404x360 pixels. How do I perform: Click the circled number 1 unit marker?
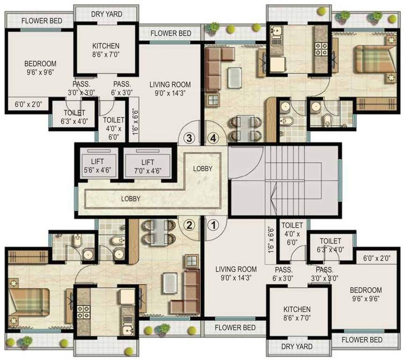point(213,225)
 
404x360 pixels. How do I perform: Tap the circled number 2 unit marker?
point(189,225)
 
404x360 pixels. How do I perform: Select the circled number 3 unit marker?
point(189,138)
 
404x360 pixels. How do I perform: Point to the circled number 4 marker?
point(213,138)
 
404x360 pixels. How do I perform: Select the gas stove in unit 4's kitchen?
point(321,47)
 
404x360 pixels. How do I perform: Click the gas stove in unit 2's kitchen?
point(83,311)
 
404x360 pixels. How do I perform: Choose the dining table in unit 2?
point(159,232)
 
